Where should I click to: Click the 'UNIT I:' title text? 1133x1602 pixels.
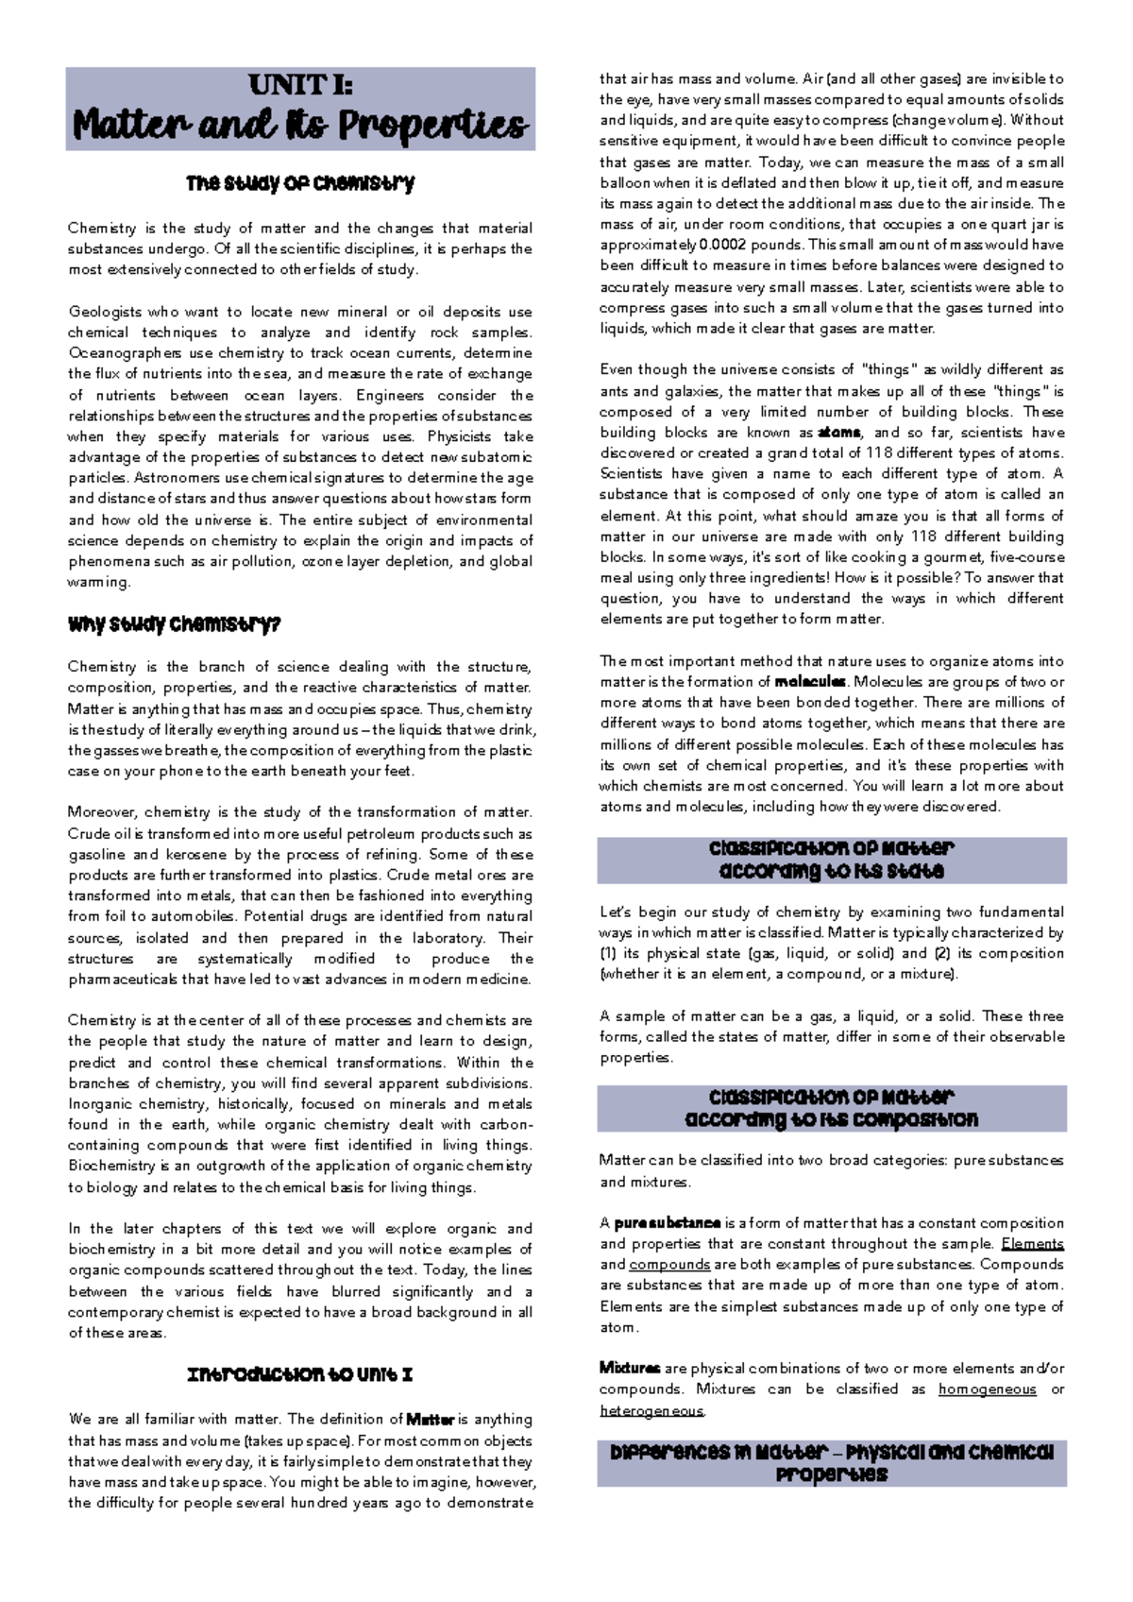tap(300, 85)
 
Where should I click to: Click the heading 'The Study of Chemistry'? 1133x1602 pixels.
tap(300, 183)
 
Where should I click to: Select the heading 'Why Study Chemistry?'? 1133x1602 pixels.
tap(174, 624)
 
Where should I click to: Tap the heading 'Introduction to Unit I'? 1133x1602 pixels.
tap(300, 1374)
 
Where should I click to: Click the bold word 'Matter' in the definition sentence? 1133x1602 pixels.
tap(431, 1420)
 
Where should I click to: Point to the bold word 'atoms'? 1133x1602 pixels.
tap(839, 433)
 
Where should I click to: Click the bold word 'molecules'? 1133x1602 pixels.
tap(809, 682)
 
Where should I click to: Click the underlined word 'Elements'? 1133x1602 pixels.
tap(1032, 1244)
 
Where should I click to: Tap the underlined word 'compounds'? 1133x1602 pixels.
tap(669, 1265)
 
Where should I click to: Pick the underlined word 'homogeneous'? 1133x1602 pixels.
tap(987, 1389)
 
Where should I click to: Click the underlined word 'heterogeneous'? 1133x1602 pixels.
tap(651, 1411)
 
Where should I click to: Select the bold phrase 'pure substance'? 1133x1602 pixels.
tap(668, 1223)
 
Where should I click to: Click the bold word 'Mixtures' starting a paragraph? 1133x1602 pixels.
tap(629, 1369)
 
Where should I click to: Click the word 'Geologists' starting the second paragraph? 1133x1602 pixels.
tap(104, 312)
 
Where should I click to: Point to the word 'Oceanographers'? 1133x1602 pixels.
tap(124, 353)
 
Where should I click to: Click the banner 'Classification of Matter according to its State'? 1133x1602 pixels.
tap(832, 860)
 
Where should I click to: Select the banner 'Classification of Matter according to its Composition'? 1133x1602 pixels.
tap(832, 1108)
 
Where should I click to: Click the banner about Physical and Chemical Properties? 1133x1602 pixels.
tap(832, 1463)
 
